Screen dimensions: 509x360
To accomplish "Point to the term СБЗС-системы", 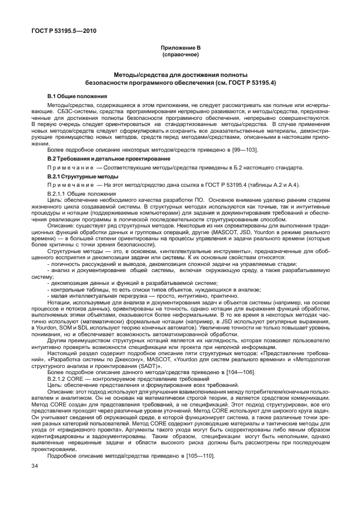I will [x=67, y=112].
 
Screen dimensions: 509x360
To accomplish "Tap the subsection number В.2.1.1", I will [x=59, y=193].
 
